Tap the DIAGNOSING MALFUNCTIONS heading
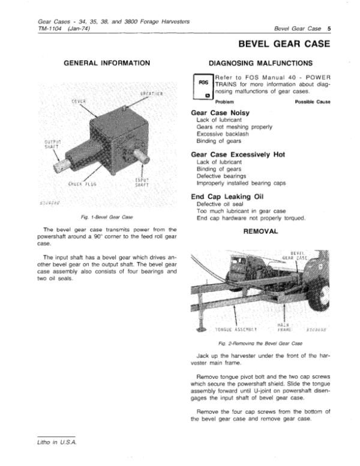tap(259, 62)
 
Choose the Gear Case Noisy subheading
tap(220, 112)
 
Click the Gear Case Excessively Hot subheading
tap(237, 154)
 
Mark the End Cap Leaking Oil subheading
tap(228, 196)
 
